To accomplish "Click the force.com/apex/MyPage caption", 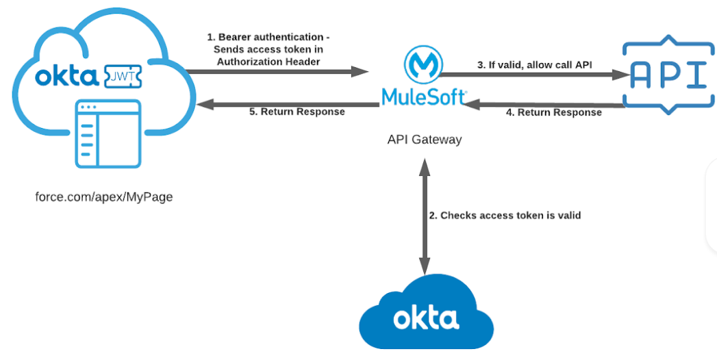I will (x=104, y=197).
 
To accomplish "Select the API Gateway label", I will (x=425, y=140).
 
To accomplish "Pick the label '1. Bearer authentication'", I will (x=273, y=37).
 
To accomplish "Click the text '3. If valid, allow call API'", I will (x=536, y=65).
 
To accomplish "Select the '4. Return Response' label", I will (x=553, y=112).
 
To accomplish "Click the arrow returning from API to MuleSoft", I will (x=548, y=104).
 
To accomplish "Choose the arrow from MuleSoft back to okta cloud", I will (x=288, y=105).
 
